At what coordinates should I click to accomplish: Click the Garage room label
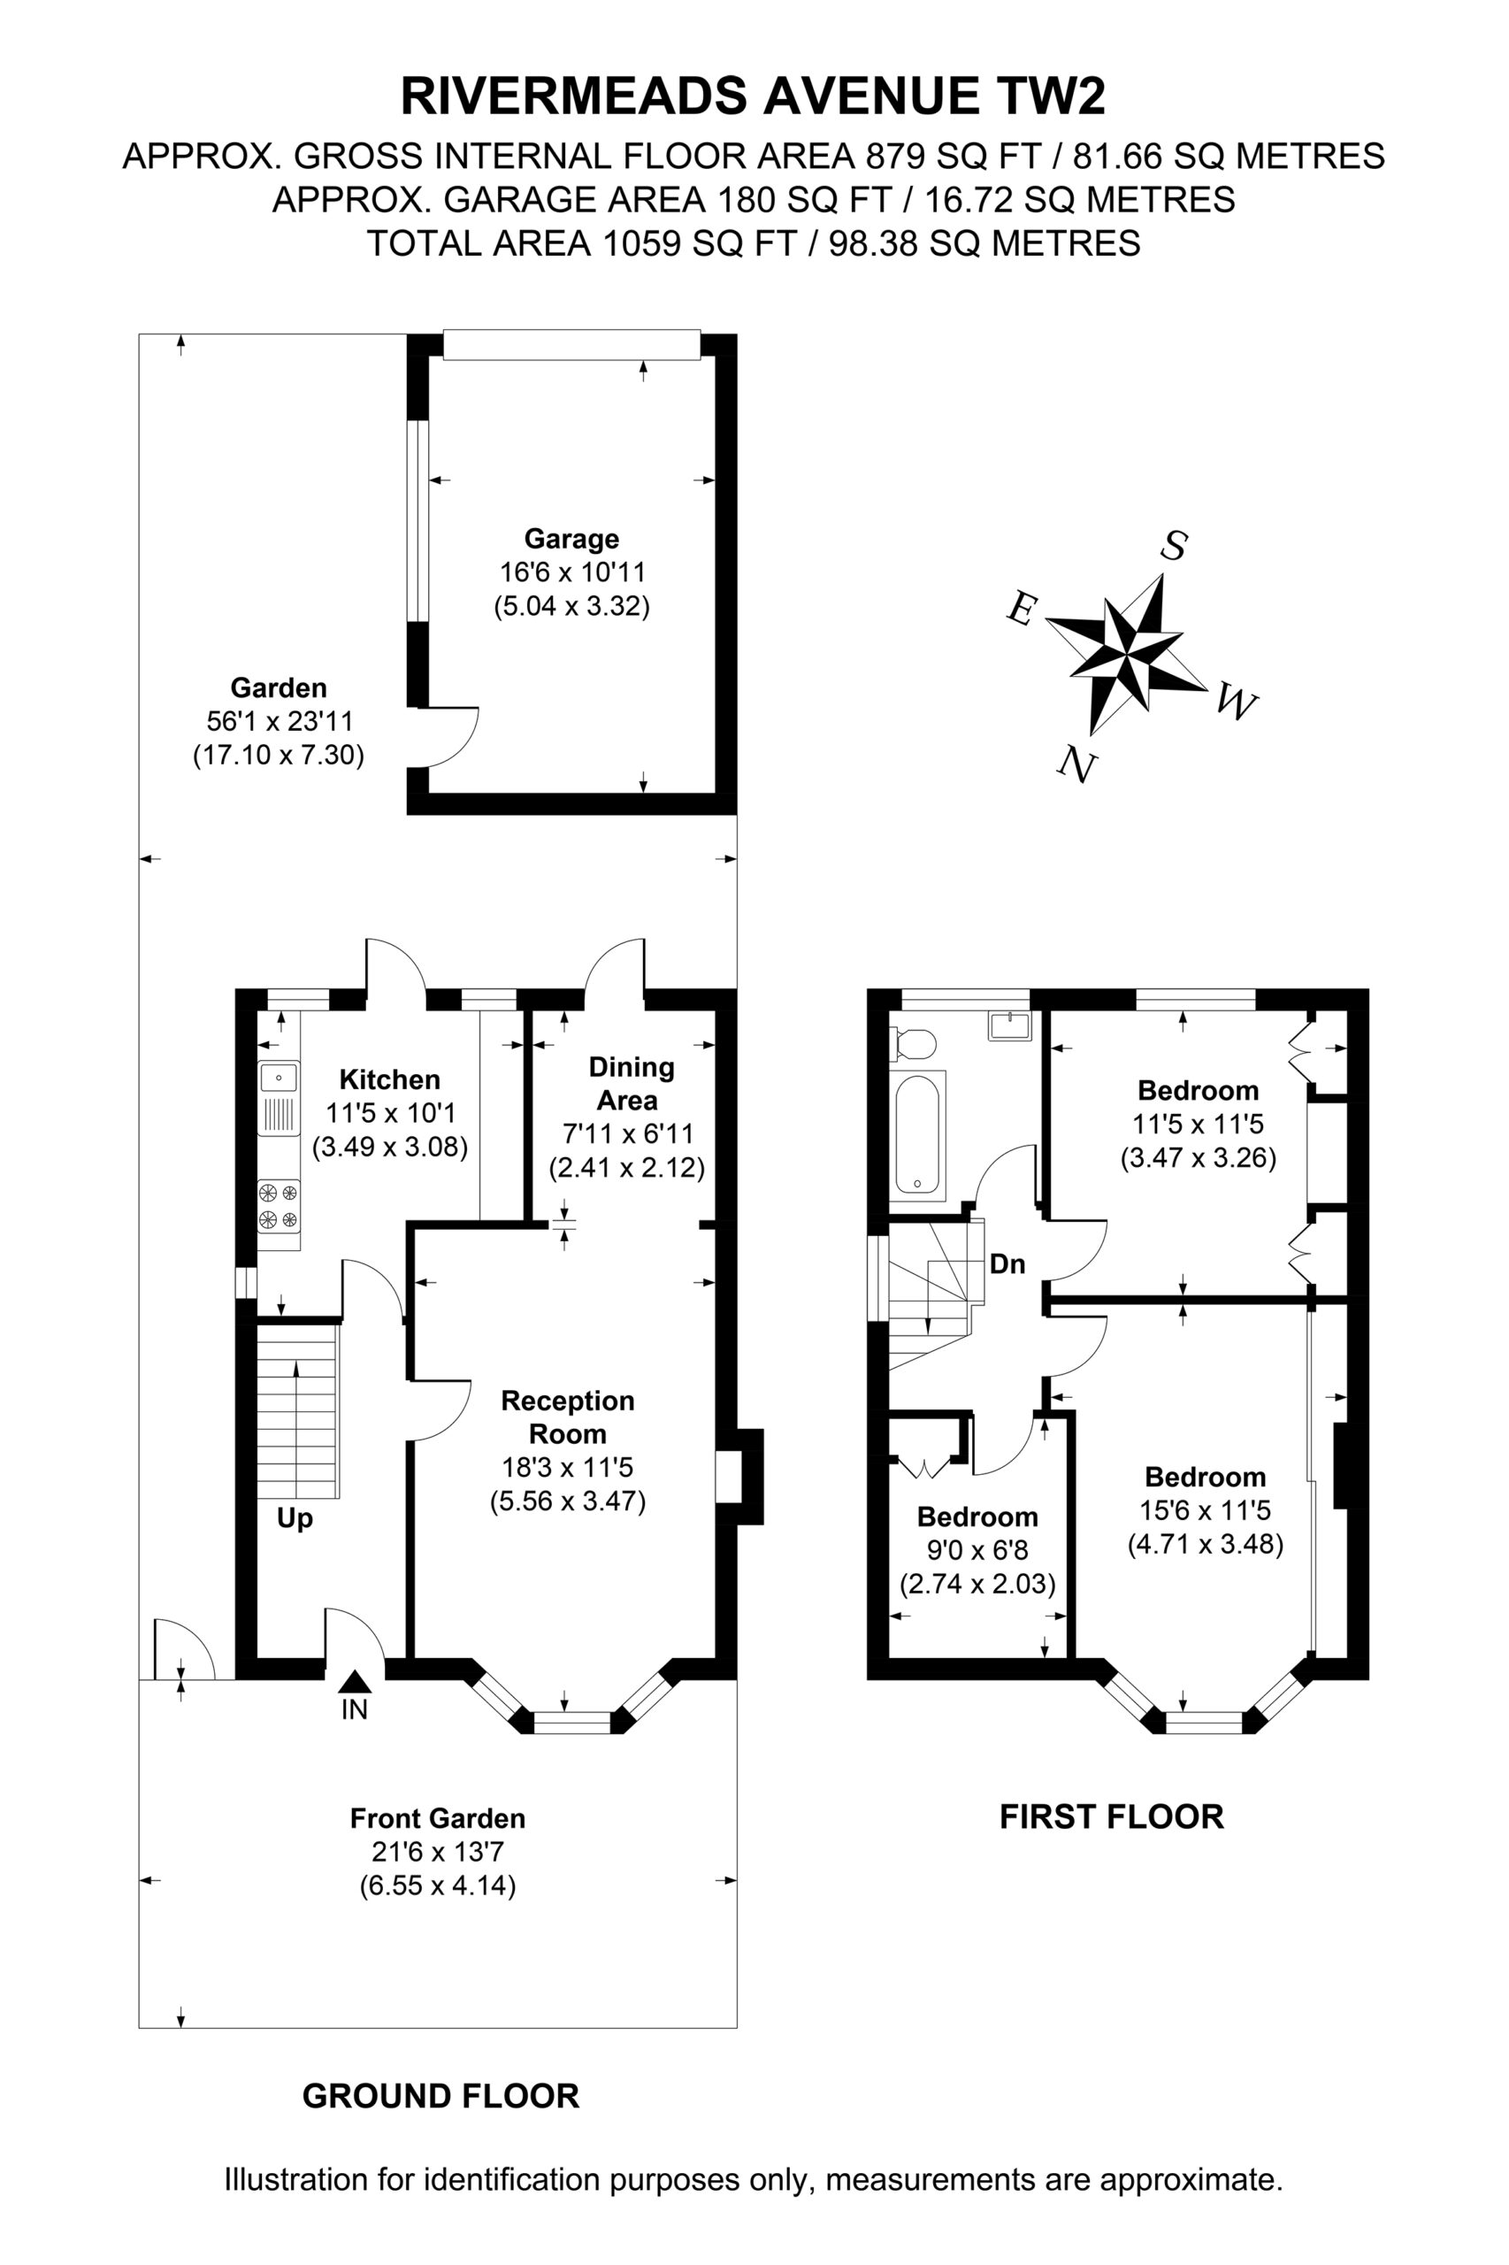(x=571, y=538)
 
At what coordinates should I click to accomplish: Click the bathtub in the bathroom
(x=920, y=1135)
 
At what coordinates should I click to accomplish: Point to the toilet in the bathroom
(x=915, y=1043)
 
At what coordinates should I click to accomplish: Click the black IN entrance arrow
(x=355, y=1681)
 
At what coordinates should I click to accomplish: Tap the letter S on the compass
(x=1173, y=546)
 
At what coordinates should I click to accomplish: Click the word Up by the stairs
(x=295, y=1519)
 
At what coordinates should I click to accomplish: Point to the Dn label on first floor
(x=1007, y=1264)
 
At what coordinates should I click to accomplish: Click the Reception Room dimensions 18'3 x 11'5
(x=568, y=1468)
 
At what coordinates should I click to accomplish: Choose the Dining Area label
(x=631, y=1083)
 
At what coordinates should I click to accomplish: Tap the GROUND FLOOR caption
(x=440, y=2097)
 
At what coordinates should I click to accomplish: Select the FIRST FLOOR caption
(x=1112, y=1817)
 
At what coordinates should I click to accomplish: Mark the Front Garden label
(x=438, y=1819)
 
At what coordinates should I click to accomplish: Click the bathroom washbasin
(x=1008, y=1025)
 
